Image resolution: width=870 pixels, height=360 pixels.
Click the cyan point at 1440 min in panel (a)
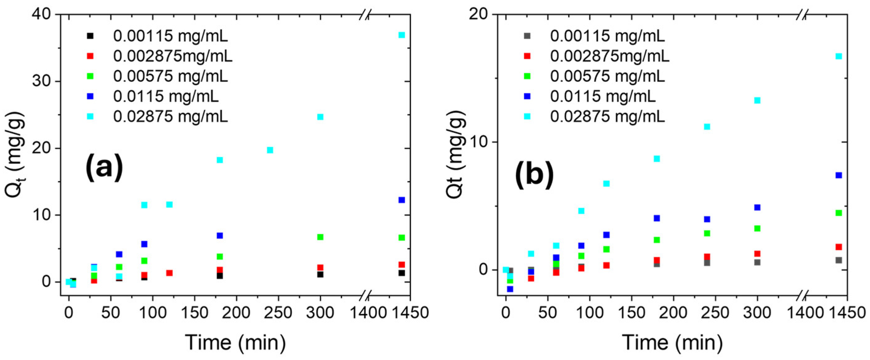[401, 35]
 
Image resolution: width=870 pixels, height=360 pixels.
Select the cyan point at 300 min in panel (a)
[320, 117]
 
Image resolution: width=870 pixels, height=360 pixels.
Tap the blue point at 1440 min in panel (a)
[401, 200]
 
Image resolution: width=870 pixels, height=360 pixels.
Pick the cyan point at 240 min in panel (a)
[270, 150]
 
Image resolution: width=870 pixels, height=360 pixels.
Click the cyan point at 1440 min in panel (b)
[839, 56]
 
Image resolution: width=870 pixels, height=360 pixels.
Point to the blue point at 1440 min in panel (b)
[839, 175]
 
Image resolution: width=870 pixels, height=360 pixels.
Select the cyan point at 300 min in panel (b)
[757, 100]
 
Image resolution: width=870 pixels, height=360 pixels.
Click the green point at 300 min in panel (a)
[320, 237]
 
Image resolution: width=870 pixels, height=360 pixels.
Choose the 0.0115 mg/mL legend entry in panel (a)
[165, 97]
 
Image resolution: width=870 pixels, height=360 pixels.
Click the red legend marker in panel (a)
[90, 56]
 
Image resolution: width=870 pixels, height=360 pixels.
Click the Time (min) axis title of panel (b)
[672, 342]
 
